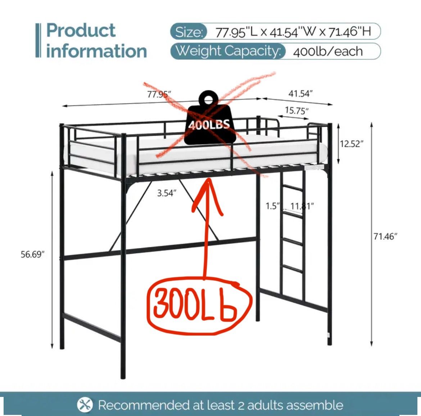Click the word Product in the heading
pos(81,30)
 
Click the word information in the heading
pos(96,51)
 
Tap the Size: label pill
pos(189,32)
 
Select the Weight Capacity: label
pos(228,51)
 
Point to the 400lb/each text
pos(328,51)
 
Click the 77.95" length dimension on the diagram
pos(159,95)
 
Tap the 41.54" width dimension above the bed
pos(300,94)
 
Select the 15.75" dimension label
pos(297,110)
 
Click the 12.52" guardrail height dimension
pos(352,144)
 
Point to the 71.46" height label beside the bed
pos(385,236)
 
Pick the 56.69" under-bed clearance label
pos(32,254)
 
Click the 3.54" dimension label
pos(167,193)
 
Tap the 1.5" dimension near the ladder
pos(272,206)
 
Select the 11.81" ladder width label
pos(302,206)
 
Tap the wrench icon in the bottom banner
pos(85,405)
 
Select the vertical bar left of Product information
pos(38,40)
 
